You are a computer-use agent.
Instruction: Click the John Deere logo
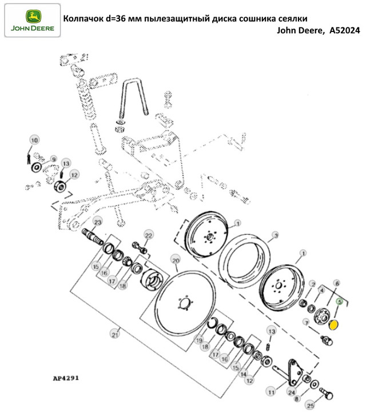[33, 20]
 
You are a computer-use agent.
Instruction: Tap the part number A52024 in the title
[345, 31]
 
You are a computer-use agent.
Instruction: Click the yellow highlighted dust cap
[333, 325]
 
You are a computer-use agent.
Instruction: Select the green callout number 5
[339, 302]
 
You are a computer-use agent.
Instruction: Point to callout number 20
[176, 260]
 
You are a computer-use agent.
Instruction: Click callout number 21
[115, 334]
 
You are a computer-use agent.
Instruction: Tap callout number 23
[98, 222]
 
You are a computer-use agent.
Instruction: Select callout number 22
[148, 235]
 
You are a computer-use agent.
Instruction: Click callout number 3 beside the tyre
[276, 235]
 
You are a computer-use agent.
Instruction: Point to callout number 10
[34, 140]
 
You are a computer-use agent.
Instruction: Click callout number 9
[54, 159]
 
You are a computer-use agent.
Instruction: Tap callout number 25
[311, 406]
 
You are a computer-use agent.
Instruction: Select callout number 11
[271, 392]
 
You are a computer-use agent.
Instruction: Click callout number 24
[292, 392]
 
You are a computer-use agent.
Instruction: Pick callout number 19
[200, 340]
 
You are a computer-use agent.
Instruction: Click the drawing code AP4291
[66, 378]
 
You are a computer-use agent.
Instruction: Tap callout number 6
[337, 283]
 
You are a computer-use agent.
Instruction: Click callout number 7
[306, 323]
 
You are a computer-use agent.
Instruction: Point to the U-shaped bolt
[134, 97]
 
